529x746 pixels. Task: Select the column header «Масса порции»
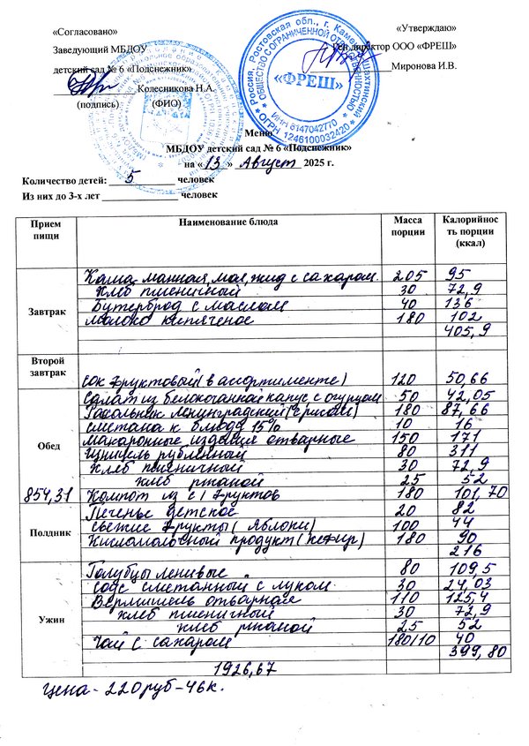pyautogui.click(x=408, y=225)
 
